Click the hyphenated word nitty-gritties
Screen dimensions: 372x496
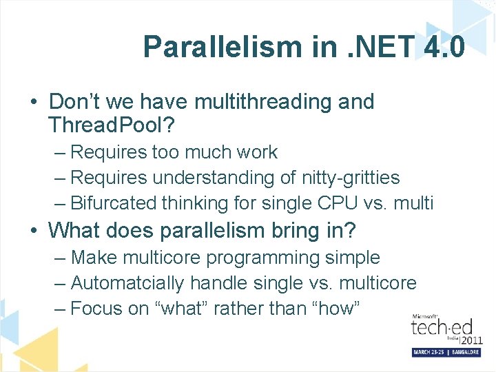pyautogui.click(x=351, y=178)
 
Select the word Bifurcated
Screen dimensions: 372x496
pyautogui.click(x=114, y=203)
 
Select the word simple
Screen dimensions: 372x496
pyautogui.click(x=355, y=258)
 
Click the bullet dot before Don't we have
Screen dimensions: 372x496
pyautogui.click(x=34, y=103)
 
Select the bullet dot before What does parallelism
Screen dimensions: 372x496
pyautogui.click(x=34, y=230)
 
